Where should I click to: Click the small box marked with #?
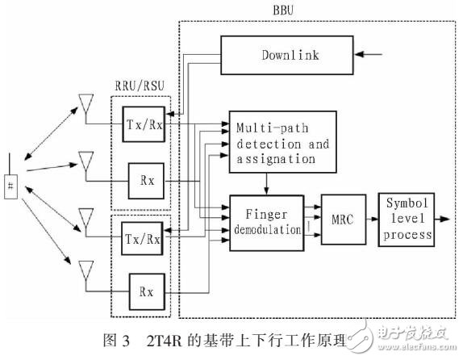click(x=11, y=185)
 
